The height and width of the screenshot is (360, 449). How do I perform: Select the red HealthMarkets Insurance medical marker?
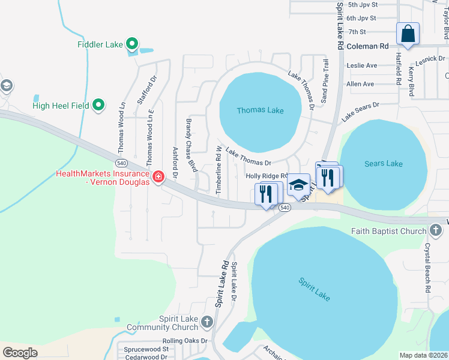158,176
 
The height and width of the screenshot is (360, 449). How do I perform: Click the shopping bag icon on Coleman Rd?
408,34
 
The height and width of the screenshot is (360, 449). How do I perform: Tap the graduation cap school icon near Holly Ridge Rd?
298,185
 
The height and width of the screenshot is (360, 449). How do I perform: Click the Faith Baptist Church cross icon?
435,231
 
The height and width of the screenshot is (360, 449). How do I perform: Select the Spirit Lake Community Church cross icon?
206,322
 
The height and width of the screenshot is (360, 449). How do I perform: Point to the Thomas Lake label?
260,110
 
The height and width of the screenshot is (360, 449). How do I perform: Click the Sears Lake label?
383,164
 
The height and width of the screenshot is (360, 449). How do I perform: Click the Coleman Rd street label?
367,46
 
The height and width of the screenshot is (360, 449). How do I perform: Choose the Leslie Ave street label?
361,65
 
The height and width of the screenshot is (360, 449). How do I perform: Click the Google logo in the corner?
20,352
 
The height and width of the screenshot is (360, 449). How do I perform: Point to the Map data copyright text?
423,355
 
